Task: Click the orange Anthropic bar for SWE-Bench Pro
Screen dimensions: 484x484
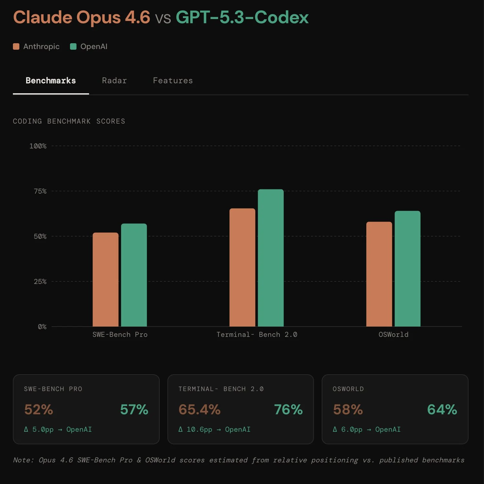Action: click(106, 279)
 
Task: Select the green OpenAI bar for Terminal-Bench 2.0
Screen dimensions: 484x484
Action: click(271, 258)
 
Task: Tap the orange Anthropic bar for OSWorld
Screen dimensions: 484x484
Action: click(379, 274)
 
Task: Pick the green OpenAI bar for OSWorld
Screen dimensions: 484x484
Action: click(408, 268)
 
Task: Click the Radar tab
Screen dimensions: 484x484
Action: click(114, 81)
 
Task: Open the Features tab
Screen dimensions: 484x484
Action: click(173, 81)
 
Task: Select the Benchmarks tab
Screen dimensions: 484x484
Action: click(51, 81)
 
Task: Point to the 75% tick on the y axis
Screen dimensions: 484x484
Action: click(40, 191)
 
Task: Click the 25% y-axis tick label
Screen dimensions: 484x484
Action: click(40, 282)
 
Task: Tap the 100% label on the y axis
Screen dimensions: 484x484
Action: click(38, 146)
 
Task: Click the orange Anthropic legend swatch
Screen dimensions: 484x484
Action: click(16, 46)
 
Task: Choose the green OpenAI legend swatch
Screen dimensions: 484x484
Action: click(73, 46)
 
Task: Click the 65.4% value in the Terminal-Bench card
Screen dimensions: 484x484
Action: click(199, 409)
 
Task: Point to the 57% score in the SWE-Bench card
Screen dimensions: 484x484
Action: click(134, 409)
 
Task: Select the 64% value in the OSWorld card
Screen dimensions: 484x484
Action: click(442, 409)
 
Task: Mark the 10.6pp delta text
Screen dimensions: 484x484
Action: click(199, 429)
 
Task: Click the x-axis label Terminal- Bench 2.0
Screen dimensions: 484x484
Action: click(257, 335)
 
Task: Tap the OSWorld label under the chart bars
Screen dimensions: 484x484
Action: click(393, 335)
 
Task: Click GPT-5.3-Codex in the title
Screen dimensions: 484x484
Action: click(242, 17)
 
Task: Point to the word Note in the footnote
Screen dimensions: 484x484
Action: click(22, 460)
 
